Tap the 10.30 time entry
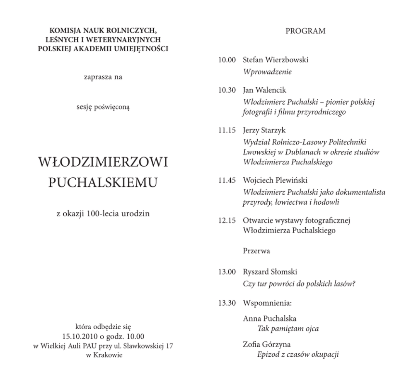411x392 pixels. pyautogui.click(x=227, y=90)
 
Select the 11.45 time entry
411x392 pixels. pyautogui.click(x=227, y=180)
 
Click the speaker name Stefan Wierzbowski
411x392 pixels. pyautogui.click(x=275, y=60)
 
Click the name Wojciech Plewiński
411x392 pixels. pyautogui.click(x=275, y=180)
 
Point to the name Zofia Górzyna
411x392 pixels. pyautogui.click(x=266, y=344)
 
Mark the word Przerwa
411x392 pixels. pyautogui.click(x=256, y=251)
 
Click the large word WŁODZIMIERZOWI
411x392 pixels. pyautogui.click(x=103, y=162)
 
